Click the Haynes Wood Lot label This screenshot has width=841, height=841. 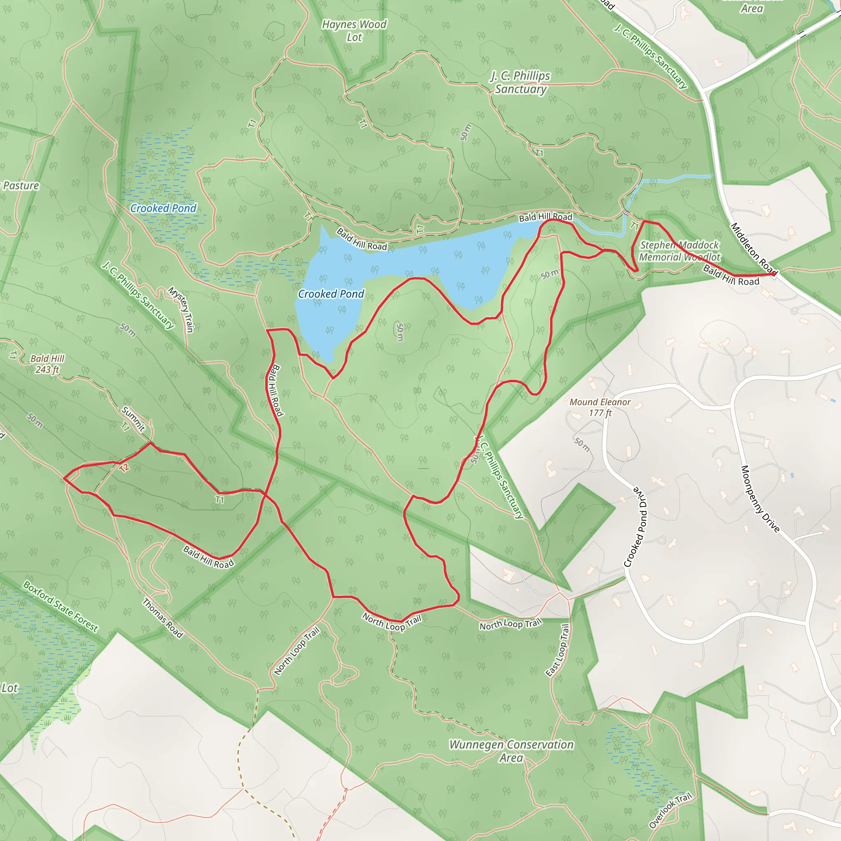(354, 31)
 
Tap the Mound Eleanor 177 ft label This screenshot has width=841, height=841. (600, 407)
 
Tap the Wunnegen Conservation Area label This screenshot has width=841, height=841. (512, 751)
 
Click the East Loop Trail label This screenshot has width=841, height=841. (558, 650)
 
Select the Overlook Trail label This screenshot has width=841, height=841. (670, 811)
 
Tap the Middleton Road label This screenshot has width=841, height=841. (754, 248)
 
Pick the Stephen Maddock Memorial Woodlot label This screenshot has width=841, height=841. (679, 251)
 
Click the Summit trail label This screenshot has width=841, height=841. (133, 419)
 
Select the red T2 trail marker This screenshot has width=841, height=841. (124, 467)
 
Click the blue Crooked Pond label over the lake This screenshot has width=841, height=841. (331, 294)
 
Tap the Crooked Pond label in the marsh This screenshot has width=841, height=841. (163, 209)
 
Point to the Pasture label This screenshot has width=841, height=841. (21, 186)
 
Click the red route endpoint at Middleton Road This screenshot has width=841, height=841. (773, 274)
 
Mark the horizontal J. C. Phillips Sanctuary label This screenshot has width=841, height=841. (521, 82)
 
